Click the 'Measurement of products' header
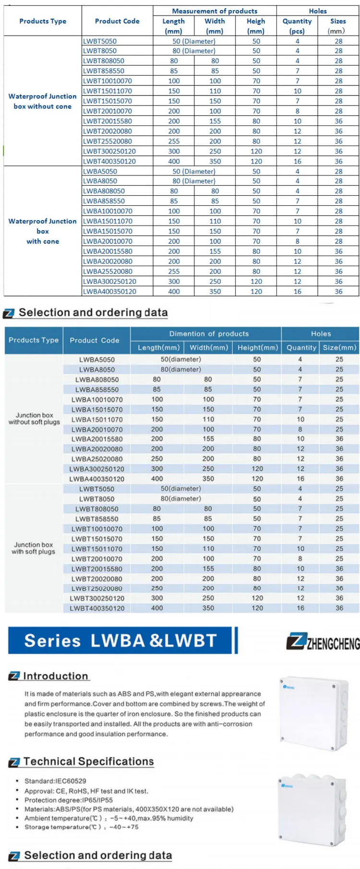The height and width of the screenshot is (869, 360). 215,11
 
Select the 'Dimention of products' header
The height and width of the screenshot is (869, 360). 209,333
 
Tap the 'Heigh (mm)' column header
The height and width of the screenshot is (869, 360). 256,26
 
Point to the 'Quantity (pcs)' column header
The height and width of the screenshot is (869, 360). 297,26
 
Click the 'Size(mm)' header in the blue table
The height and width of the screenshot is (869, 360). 339,347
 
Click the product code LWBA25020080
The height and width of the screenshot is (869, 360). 97,459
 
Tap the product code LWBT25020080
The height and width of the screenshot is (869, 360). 97,588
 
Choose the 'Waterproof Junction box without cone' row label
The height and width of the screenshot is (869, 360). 43,101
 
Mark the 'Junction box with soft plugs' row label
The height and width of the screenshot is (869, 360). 34,548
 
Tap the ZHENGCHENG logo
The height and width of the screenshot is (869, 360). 323,642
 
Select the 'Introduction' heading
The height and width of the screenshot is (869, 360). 56,676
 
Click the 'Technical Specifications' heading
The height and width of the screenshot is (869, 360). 88,761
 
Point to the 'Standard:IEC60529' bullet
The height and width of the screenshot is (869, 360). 56,781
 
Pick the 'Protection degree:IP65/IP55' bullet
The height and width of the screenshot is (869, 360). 69,800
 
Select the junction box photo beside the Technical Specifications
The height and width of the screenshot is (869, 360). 312,810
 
